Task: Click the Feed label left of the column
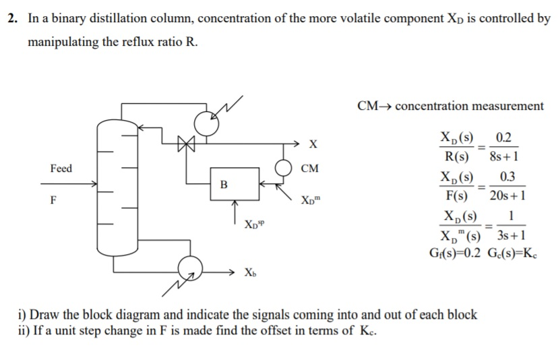[61, 168]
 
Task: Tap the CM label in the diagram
[311, 168]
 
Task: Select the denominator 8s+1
[503, 158]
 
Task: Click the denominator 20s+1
[507, 196]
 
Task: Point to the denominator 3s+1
[509, 235]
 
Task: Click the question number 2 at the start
[12, 18]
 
